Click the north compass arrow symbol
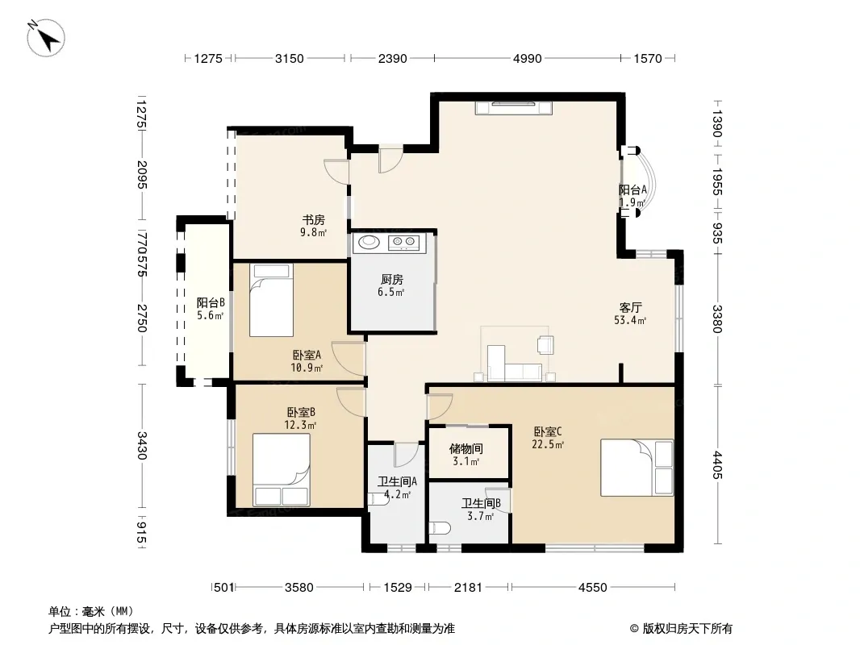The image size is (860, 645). coord(46,38)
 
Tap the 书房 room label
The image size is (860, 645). coord(314,220)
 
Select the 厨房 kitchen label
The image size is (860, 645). coord(391,280)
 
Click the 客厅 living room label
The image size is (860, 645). coord(630,307)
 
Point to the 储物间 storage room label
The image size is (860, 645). coord(466,449)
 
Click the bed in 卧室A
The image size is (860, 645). coord(271,300)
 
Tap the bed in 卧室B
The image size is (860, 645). coord(282,469)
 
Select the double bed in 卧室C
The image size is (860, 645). coord(637,468)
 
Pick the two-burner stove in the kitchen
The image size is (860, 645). coord(403,242)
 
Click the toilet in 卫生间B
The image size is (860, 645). coord(441,528)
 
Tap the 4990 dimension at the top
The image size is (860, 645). coord(527,58)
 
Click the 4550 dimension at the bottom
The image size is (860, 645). coord(592,588)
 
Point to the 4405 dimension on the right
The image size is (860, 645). coord(717,464)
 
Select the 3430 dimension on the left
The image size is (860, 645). coord(141,445)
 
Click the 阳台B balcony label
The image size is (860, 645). coord(211,302)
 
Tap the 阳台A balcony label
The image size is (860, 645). coord(633,189)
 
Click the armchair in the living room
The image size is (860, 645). coord(545,345)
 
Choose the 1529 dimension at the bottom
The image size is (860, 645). coord(398,588)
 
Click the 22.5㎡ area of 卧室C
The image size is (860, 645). coord(548,444)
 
